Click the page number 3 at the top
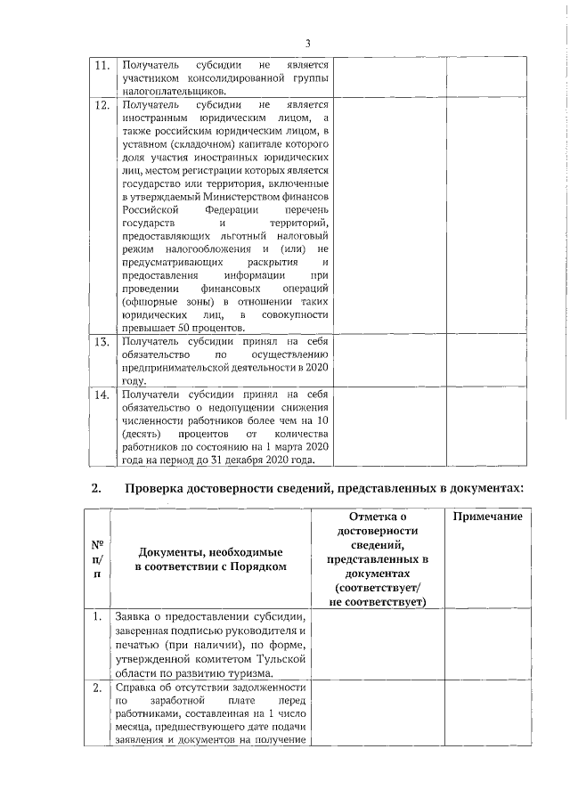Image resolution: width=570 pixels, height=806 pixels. [x=307, y=43]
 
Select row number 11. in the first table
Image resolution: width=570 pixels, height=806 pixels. [x=102, y=66]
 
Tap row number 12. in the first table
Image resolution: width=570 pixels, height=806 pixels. [x=102, y=105]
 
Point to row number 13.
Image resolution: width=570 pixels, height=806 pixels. [x=102, y=342]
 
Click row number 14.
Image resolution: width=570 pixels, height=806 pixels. [x=102, y=395]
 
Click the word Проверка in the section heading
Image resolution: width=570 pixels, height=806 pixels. [x=158, y=488]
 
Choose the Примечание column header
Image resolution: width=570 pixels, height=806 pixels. [x=488, y=518]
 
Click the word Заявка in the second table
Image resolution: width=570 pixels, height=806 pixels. [x=134, y=618]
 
